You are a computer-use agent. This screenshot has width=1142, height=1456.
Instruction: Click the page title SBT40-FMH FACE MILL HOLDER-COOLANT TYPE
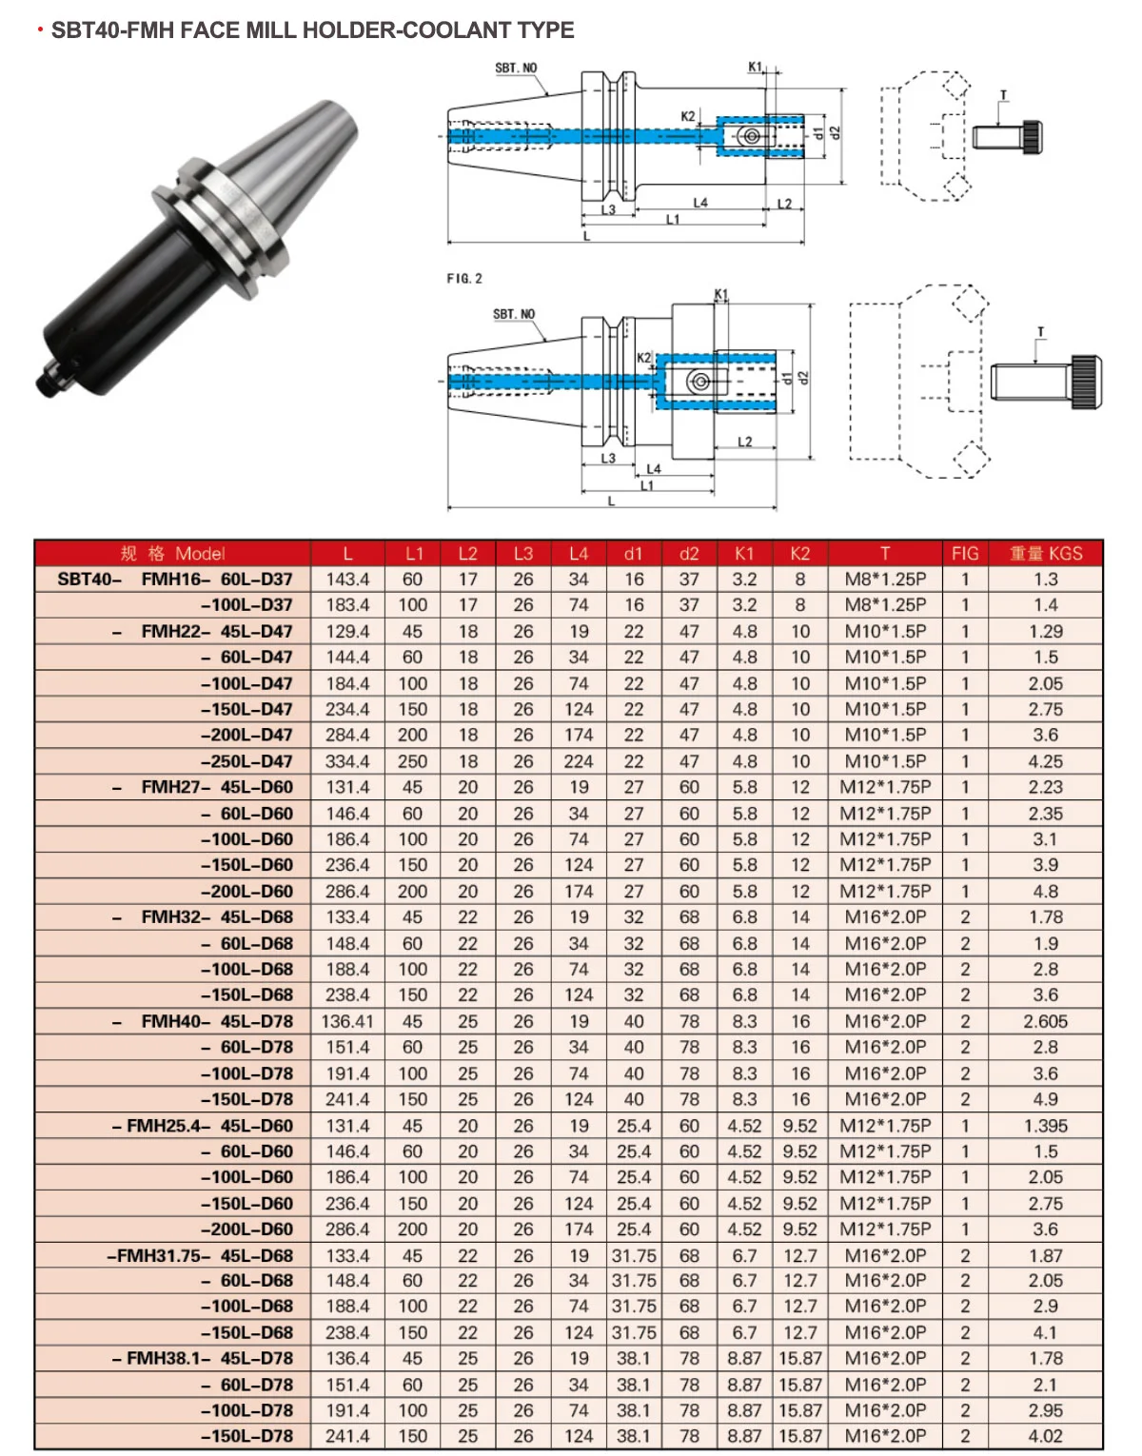click(312, 30)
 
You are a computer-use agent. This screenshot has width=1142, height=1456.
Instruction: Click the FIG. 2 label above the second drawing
click(464, 278)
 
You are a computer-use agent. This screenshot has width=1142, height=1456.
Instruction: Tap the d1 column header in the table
click(633, 554)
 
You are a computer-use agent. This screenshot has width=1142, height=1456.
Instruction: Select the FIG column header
click(964, 554)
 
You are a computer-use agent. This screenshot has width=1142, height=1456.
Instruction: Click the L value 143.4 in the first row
click(347, 580)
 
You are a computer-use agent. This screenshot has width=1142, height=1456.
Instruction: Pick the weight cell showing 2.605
click(1045, 1021)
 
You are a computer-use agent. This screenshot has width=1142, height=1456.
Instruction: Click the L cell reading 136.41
click(347, 1021)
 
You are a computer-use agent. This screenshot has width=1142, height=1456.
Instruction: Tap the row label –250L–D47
click(246, 761)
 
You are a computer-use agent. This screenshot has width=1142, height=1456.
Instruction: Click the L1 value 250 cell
click(412, 761)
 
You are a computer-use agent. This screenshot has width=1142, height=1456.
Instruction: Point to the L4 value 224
click(578, 761)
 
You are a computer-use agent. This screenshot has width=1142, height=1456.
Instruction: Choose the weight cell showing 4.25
click(1045, 761)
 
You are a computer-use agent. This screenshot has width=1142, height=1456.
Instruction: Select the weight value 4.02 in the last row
click(1045, 1437)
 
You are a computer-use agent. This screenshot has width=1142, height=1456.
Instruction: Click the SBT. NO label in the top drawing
click(516, 69)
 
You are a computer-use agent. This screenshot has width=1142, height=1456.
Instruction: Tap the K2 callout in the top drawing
click(688, 116)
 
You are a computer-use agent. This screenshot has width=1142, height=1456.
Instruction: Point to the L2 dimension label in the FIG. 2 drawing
click(745, 442)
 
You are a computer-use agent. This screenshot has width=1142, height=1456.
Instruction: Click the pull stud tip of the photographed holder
click(46, 384)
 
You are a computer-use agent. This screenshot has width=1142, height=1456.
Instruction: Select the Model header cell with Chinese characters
click(172, 554)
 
